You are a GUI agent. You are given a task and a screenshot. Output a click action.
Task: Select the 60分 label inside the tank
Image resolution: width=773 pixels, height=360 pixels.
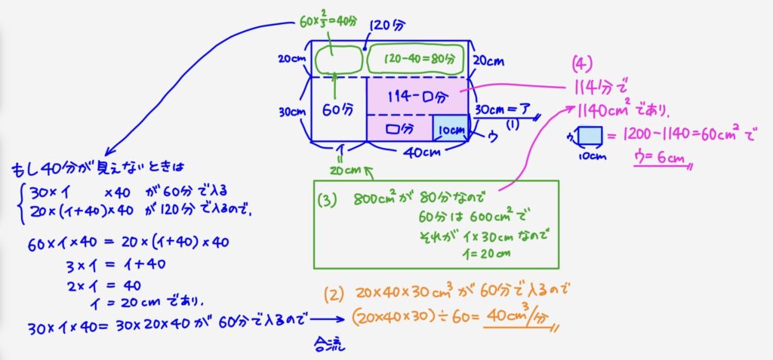coord(337,110)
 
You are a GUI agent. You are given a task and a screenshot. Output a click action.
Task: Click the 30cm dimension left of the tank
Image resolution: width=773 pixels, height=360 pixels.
coord(291,111)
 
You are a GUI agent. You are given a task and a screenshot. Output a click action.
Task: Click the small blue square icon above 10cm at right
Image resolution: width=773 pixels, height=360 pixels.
coord(587,137)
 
